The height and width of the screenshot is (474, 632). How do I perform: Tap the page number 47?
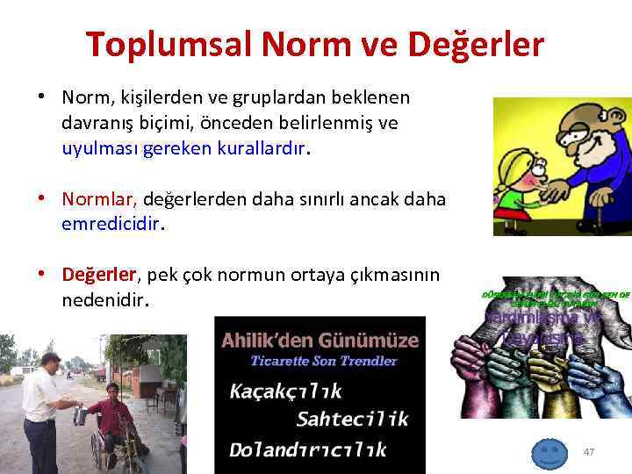pyautogui.click(x=589, y=452)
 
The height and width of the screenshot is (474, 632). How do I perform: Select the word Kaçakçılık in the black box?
pyautogui.click(x=285, y=391)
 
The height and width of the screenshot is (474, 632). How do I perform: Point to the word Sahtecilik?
pyautogui.click(x=352, y=419)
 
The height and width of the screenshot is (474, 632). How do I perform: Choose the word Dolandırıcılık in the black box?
pyautogui.click(x=307, y=449)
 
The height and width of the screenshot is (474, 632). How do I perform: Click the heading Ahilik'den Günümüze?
pyautogui.click(x=320, y=339)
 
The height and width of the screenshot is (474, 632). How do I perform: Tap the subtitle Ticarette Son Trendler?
pyautogui.click(x=324, y=360)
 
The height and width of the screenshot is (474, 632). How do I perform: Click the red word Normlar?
pyautogui.click(x=100, y=199)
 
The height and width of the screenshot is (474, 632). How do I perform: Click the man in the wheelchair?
pyautogui.click(x=112, y=421)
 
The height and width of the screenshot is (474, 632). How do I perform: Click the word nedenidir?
pyautogui.click(x=105, y=300)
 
